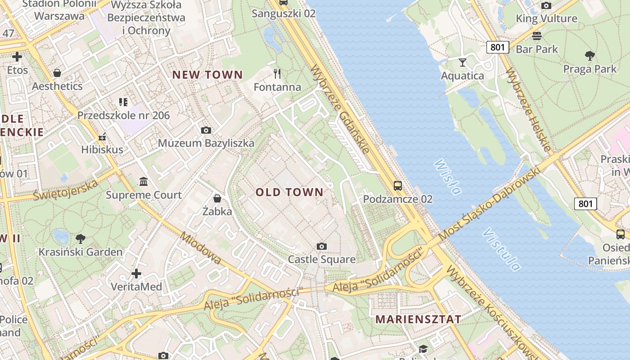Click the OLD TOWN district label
[289, 192]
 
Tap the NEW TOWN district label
[207, 75]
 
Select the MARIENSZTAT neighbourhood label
[418, 319]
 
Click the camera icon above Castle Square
[321, 246]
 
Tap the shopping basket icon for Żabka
[217, 198]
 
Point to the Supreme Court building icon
[144, 182]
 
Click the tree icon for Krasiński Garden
[81, 238]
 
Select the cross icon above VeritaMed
[136, 274]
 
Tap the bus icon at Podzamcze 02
[398, 185]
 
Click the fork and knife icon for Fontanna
[277, 73]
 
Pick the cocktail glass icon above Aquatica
[463, 62]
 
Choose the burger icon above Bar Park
[536, 36]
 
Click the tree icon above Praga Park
[589, 56]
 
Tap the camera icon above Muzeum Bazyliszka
[206, 130]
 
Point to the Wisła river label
[448, 177]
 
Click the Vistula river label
[502, 250]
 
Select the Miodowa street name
[201, 248]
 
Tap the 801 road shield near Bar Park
[497, 47]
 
